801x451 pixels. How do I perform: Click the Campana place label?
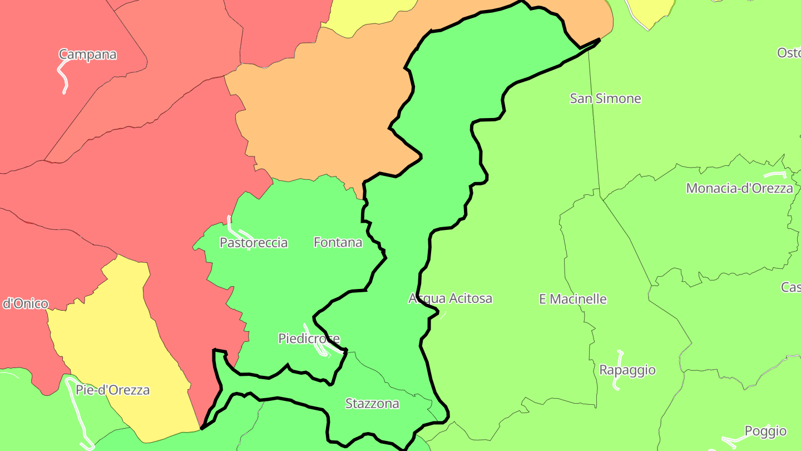tap(88, 55)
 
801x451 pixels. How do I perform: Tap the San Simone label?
tap(605, 99)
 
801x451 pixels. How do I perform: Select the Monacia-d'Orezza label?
tap(739, 188)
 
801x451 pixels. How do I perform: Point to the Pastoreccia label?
tap(254, 243)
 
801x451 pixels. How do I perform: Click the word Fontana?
tap(338, 242)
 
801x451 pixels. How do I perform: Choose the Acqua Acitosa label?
tap(450, 298)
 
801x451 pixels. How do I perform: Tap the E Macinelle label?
tap(572, 299)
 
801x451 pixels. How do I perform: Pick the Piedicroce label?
tap(309, 339)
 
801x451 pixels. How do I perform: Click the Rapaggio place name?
tap(627, 370)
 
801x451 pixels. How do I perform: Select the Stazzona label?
tap(372, 404)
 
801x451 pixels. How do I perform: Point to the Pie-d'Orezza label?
tap(113, 390)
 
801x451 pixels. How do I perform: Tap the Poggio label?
tap(765, 431)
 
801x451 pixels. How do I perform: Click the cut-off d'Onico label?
tap(25, 304)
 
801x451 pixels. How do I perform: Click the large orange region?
tap(317, 111)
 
